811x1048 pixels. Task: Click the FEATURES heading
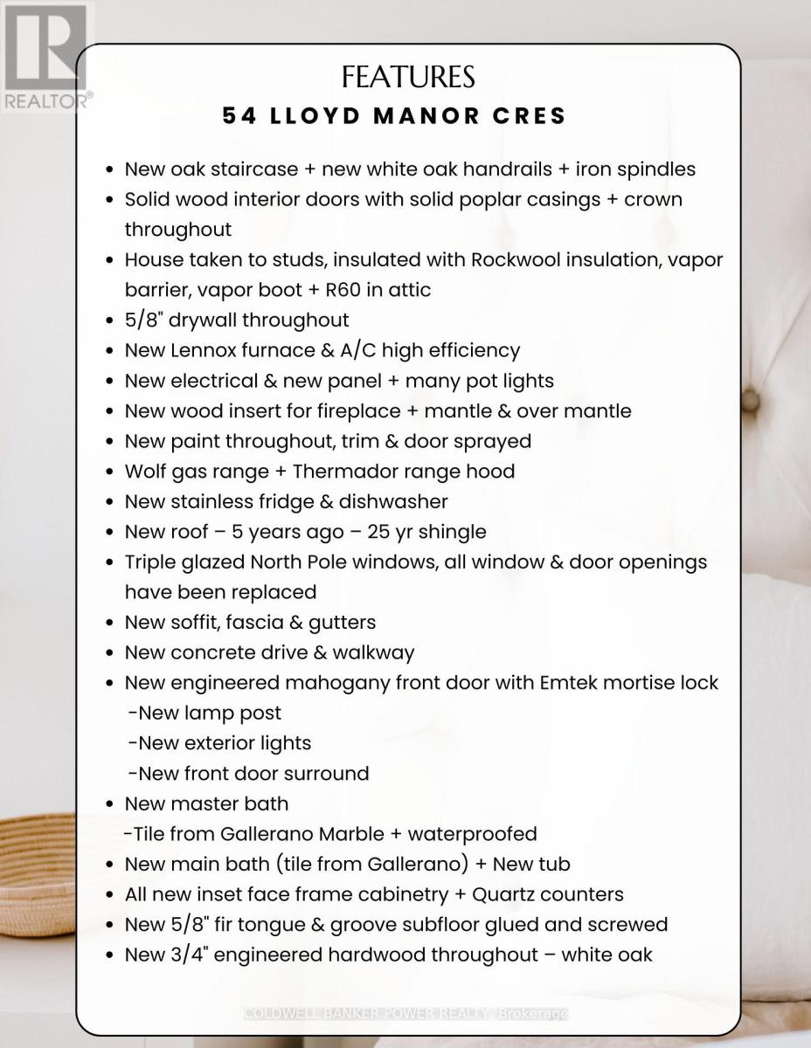(x=408, y=78)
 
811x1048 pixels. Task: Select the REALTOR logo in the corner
(x=45, y=58)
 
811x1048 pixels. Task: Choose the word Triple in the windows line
(x=153, y=562)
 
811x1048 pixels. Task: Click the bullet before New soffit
(x=109, y=624)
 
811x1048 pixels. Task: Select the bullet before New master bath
(x=109, y=804)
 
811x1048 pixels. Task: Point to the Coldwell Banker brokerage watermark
(x=406, y=1014)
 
